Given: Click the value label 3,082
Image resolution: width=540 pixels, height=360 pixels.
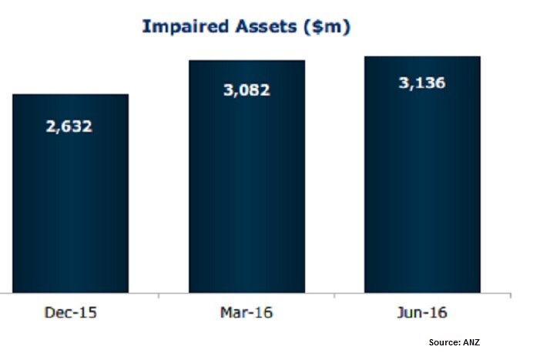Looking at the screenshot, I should point(247,90).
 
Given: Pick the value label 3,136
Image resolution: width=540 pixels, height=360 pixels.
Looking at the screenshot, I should point(421,82).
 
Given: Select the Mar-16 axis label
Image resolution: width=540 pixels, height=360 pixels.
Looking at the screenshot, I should point(247,314).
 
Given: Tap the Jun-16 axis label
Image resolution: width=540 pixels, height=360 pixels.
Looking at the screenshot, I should point(422,314).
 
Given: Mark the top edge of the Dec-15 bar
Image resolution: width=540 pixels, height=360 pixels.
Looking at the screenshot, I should point(70,95).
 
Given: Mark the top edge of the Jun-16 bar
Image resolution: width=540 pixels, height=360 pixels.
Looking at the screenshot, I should point(422,56).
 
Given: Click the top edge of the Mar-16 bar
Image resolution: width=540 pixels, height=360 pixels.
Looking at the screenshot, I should point(247,60).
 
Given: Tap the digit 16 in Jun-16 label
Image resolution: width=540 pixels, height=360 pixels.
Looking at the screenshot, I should point(438,314).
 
